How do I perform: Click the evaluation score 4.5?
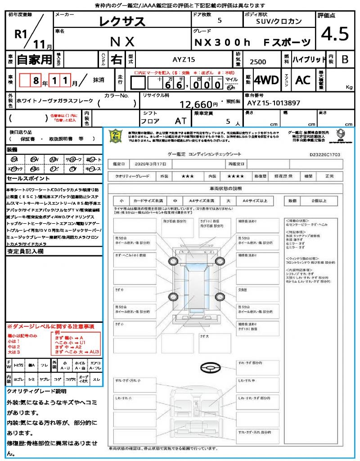[335, 34]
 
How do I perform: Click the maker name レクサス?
[122, 21]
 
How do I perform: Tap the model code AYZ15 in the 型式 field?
[184, 59]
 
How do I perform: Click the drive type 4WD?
[266, 80]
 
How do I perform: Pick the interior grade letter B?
[345, 59]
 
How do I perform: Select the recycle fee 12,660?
[196, 104]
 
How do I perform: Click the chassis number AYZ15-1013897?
[273, 103]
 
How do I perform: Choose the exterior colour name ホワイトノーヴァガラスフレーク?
[54, 101]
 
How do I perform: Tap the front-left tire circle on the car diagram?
[174, 262]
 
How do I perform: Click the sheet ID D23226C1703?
[325, 154]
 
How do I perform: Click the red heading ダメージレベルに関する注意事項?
[50, 326]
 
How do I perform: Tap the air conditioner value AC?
[303, 80]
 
